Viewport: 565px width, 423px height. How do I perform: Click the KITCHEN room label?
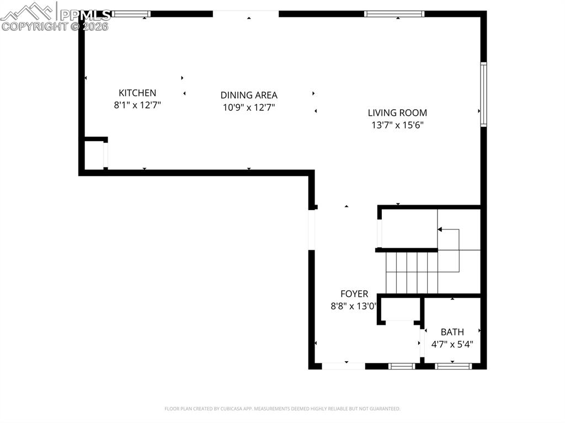pos(137,93)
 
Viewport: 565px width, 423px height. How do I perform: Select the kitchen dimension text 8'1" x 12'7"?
pos(137,104)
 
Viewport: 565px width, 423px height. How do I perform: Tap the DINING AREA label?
pos(249,95)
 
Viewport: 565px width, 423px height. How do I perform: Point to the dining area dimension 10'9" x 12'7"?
pos(249,108)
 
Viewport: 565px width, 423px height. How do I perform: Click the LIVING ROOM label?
pos(397,113)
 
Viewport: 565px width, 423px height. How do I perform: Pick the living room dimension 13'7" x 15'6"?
pos(397,125)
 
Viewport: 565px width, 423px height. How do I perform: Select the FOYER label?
pos(354,295)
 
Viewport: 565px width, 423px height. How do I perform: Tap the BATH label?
pos(452,332)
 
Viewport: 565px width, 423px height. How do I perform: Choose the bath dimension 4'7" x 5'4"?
pos(452,344)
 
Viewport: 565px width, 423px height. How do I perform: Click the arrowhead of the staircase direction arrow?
pos(440,229)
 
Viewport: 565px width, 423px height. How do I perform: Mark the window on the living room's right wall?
pos(483,94)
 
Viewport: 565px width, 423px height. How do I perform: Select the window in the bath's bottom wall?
pos(453,365)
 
